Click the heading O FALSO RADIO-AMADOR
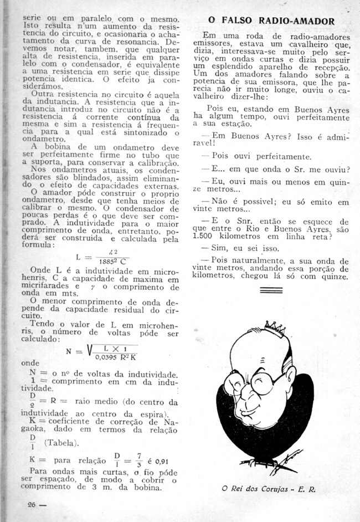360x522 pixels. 271,22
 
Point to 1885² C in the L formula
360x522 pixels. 113,262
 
